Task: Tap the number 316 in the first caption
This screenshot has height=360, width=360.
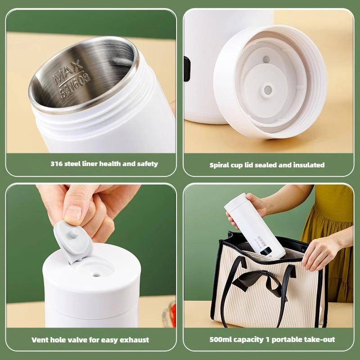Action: (56, 164)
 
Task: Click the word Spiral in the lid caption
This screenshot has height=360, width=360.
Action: (220, 165)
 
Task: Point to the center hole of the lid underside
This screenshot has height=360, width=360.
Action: (267, 90)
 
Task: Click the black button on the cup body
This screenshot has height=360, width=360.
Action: (187, 68)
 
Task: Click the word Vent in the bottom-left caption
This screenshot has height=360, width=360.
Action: (40, 340)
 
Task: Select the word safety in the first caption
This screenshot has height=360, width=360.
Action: (146, 164)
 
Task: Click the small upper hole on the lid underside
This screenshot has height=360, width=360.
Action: (266, 59)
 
